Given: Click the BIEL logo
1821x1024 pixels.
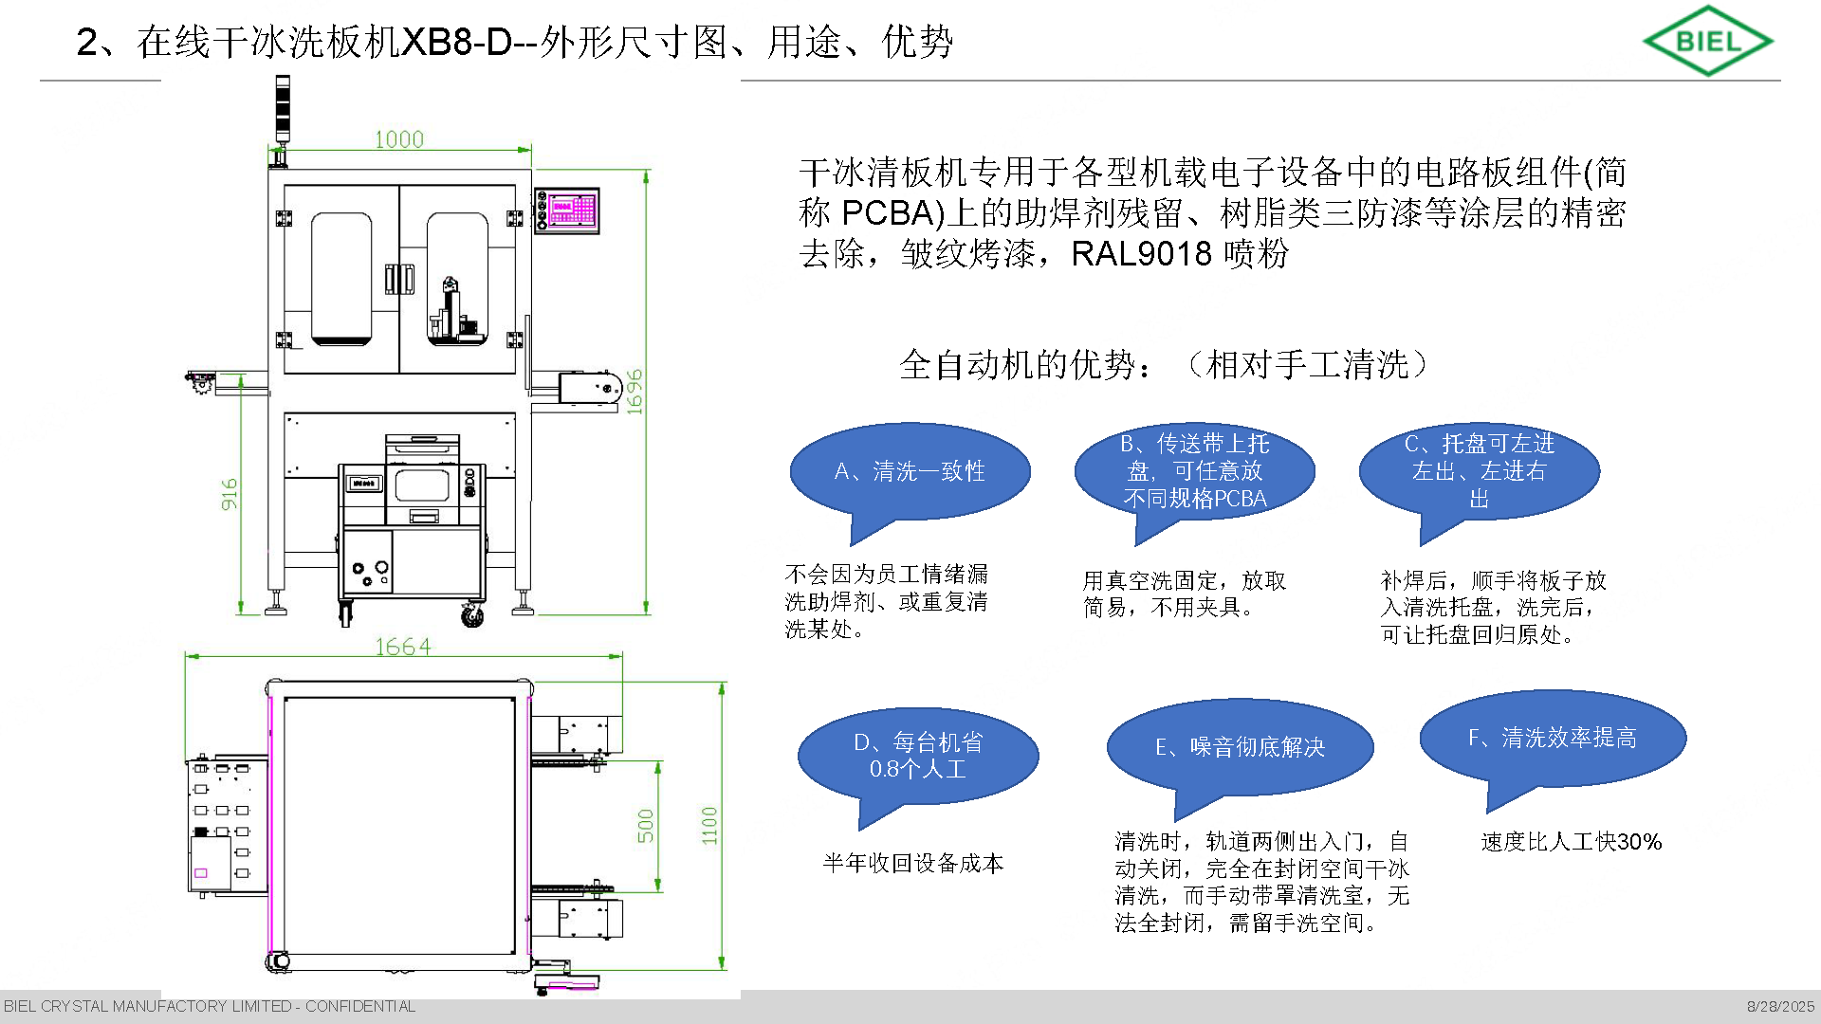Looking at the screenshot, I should [x=1707, y=41].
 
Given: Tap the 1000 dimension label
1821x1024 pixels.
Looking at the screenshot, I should [x=398, y=139].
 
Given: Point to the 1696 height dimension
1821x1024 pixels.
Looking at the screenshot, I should [x=635, y=392].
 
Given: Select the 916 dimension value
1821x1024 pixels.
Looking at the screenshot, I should [x=230, y=494].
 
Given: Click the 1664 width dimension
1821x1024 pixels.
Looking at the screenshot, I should [x=403, y=647].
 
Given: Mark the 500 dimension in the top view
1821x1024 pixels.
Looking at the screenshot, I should [x=646, y=825].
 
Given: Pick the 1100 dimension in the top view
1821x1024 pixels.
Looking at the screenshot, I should [x=709, y=825].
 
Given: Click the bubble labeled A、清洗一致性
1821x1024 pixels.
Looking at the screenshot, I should [x=910, y=471].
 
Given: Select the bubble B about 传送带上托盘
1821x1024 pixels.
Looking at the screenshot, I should [x=1194, y=471].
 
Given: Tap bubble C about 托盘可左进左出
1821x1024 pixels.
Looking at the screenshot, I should [x=1479, y=471].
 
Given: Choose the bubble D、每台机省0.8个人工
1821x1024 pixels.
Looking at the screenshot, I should [x=917, y=756].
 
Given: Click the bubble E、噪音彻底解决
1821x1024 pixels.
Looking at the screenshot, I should [x=1240, y=747].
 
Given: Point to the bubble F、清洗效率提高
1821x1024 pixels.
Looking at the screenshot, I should [x=1553, y=738].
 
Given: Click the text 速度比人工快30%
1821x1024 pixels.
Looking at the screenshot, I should [x=1571, y=842].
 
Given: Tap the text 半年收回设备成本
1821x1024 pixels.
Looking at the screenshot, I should [x=912, y=863].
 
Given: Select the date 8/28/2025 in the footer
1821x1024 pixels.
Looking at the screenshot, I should [x=1780, y=1006].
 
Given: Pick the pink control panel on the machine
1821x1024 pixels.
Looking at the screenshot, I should [x=571, y=210].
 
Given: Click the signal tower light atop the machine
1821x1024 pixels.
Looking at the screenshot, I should [x=281, y=109].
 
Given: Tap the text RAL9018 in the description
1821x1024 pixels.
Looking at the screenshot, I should [x=1141, y=254].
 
